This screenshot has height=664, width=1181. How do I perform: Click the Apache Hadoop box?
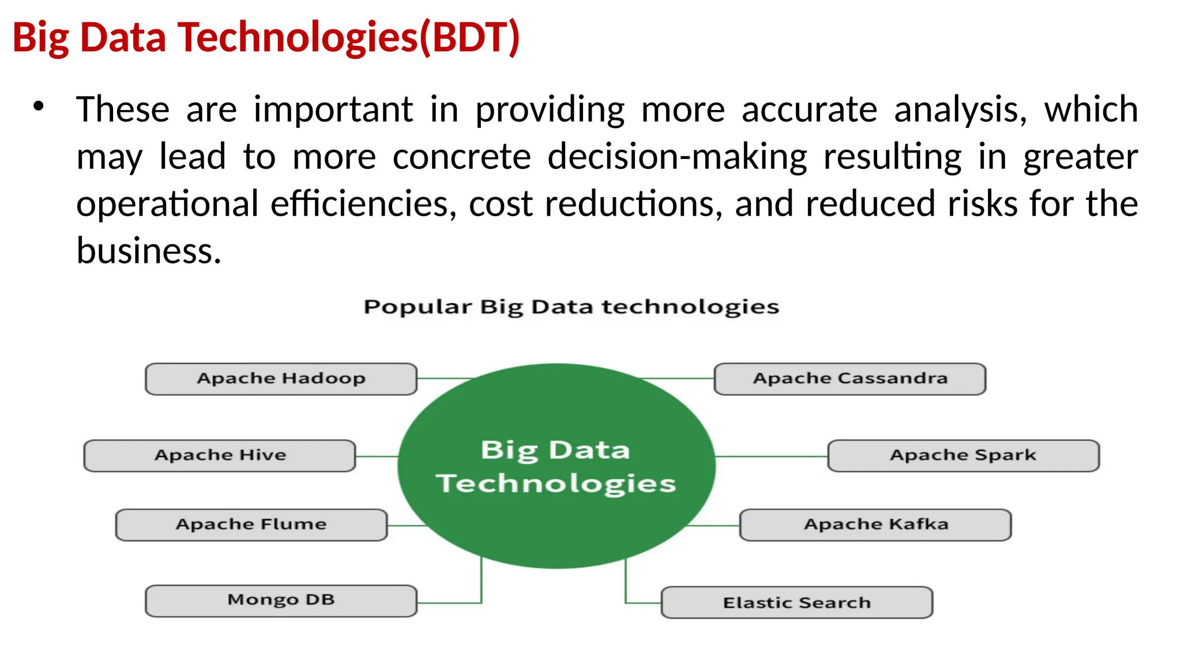click(x=281, y=379)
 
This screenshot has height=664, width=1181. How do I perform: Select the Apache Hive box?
click(x=220, y=455)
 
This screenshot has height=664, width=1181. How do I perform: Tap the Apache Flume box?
click(x=251, y=525)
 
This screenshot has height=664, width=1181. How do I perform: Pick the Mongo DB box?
click(x=281, y=601)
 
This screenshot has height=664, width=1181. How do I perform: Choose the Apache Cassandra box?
click(x=849, y=379)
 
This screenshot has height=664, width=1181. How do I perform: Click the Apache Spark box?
click(x=963, y=455)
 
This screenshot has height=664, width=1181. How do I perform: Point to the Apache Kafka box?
click(x=875, y=525)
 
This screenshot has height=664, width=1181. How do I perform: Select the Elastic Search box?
click(x=796, y=602)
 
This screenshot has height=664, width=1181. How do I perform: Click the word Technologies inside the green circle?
click(x=555, y=483)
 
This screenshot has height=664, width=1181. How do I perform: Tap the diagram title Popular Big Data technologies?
click(x=571, y=307)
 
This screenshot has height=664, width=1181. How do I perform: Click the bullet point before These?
click(x=39, y=107)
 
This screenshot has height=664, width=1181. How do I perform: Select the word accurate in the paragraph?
click(x=808, y=110)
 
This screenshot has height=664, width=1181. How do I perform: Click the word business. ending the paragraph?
click(x=149, y=251)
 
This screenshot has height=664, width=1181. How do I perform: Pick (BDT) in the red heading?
click(x=469, y=37)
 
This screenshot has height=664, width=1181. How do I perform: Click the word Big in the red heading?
click(x=40, y=37)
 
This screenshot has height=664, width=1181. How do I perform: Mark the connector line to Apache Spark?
click(x=771, y=456)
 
